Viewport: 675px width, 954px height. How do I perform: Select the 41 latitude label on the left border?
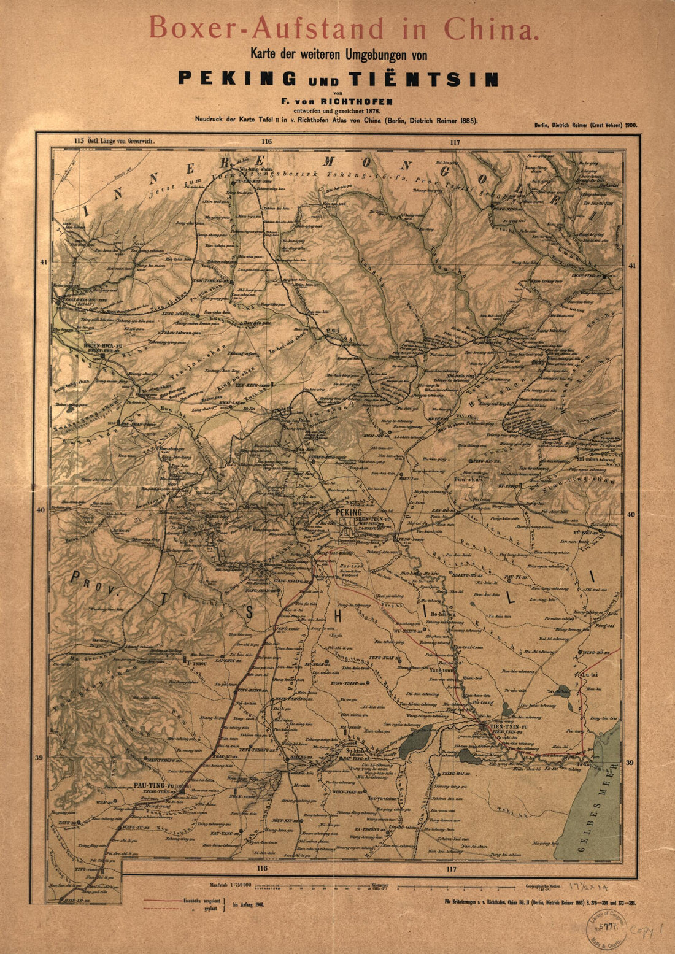pos(43,262)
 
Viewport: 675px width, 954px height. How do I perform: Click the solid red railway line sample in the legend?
pos(163,899)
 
